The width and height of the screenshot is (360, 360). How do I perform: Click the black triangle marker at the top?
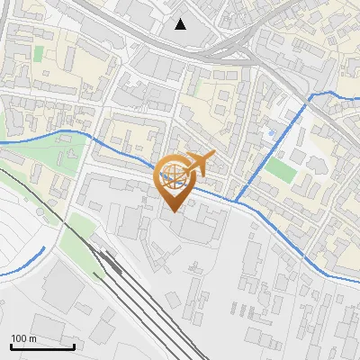click(181, 24)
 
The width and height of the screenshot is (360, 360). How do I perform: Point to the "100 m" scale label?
click(23, 338)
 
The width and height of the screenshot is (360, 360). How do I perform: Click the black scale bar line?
click(41, 346)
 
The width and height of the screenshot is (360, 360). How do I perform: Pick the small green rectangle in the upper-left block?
click(38, 53)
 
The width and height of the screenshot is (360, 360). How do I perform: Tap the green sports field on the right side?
click(281, 169)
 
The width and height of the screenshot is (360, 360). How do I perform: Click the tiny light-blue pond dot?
click(267, 132)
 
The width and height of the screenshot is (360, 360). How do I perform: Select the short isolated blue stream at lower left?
click(25, 263)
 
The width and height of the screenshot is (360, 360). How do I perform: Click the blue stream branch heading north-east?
click(270, 148)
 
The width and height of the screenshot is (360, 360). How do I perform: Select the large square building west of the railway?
click(63, 286)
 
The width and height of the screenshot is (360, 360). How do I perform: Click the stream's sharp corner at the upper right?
click(310, 94)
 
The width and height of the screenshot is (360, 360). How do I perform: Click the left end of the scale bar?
click(10, 346)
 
